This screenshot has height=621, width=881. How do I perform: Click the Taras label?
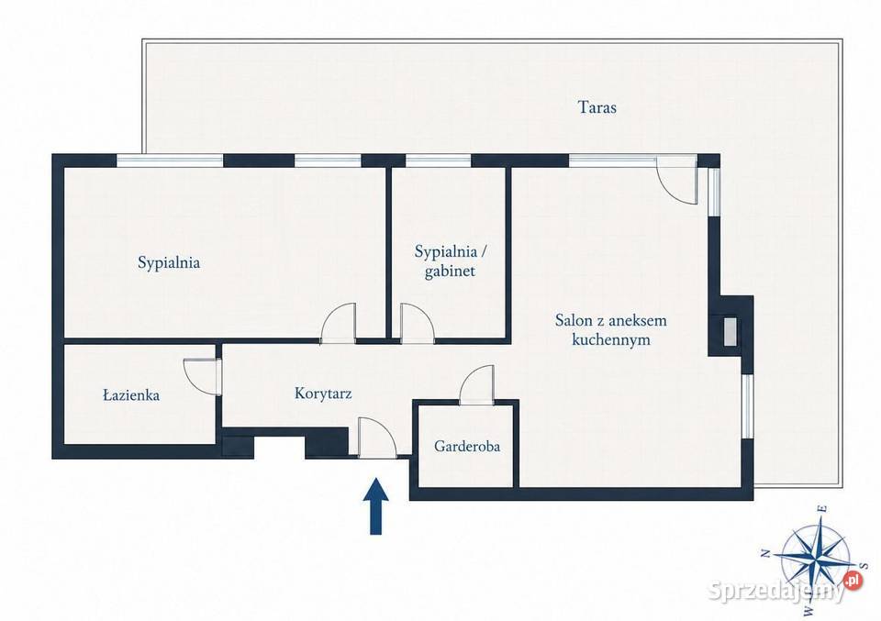597,106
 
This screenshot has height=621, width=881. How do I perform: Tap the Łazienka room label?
131,395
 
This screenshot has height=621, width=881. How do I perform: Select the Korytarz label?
323,393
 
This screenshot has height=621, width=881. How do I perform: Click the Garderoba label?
467,447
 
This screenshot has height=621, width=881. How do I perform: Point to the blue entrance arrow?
376,505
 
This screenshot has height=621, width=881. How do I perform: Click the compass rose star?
814,550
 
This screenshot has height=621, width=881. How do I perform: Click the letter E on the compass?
823,509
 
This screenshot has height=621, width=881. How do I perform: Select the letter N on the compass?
765,555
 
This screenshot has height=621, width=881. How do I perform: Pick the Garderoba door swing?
477,384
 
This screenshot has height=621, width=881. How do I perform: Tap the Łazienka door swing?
201,377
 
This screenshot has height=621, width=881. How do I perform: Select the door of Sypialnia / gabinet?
417,322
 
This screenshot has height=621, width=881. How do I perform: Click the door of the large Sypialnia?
339,322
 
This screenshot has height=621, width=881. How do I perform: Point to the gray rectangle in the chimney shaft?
730,332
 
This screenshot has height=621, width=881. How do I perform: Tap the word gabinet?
450,272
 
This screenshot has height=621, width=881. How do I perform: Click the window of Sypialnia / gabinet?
439,161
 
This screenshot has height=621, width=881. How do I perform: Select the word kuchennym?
611,339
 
